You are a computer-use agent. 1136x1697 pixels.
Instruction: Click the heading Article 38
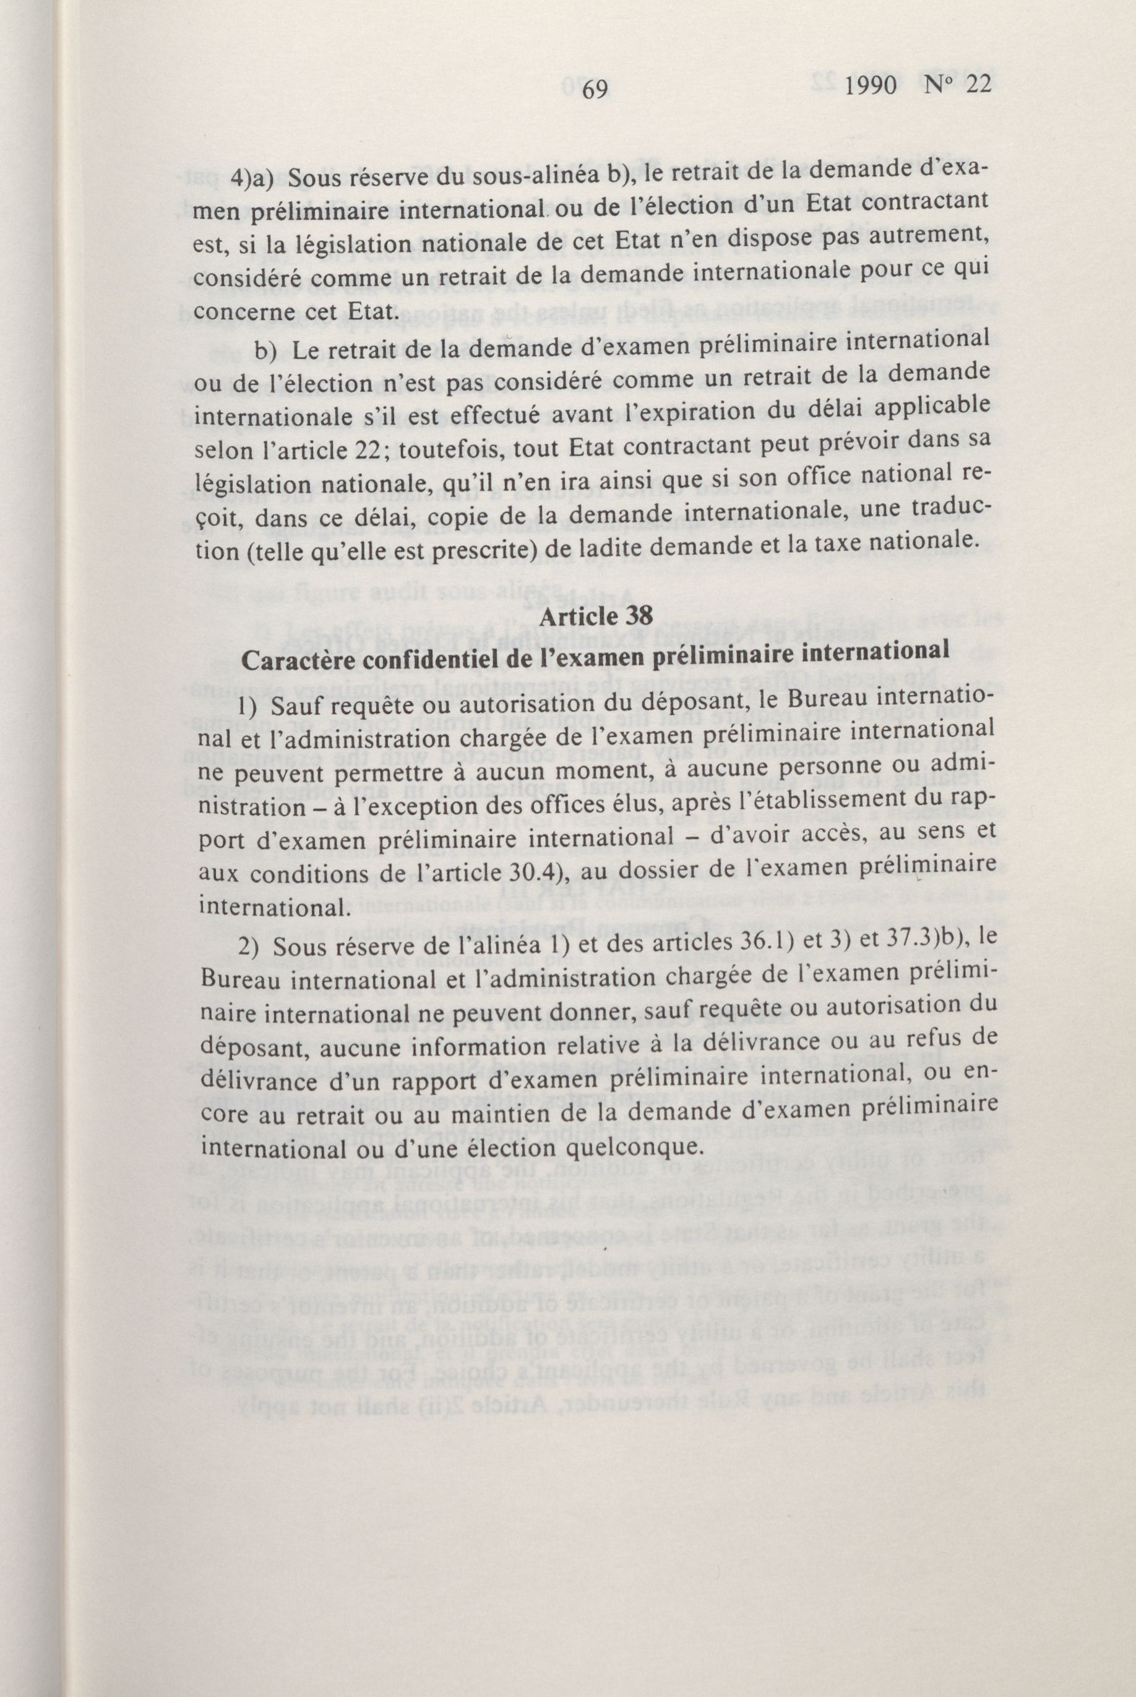click(596, 616)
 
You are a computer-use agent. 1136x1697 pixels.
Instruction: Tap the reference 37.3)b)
click(896, 938)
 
